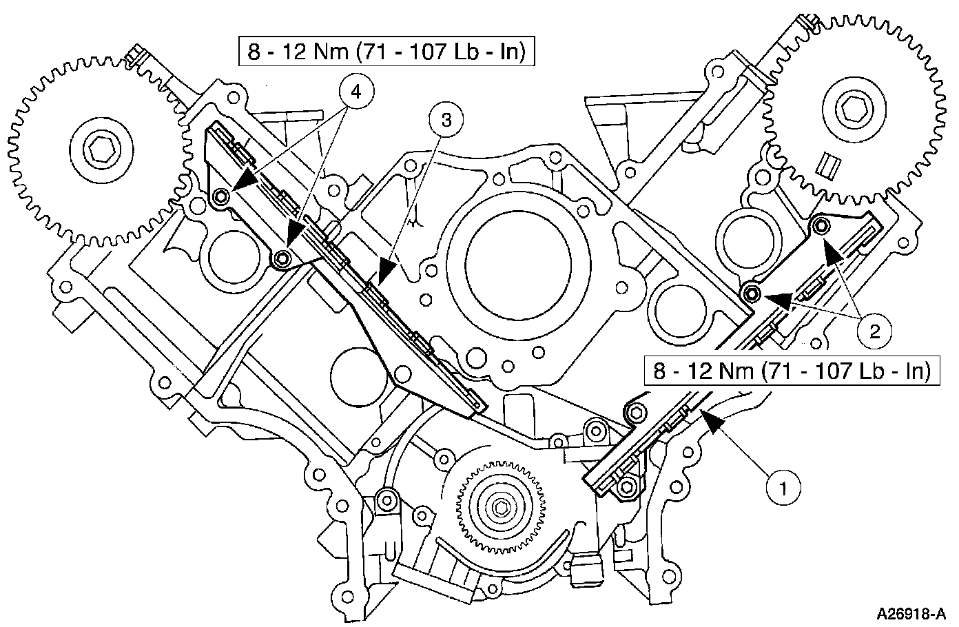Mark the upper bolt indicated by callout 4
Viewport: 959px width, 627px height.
point(220,198)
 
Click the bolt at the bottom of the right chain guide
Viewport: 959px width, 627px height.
point(626,487)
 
